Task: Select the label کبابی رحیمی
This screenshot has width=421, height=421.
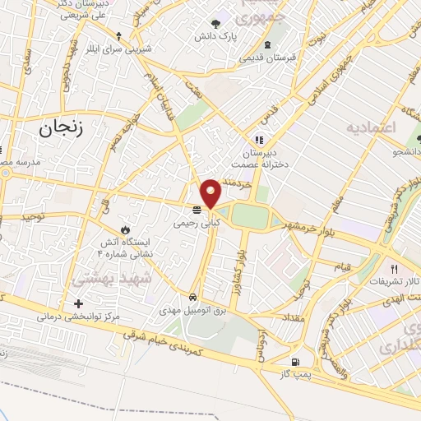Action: coord(196,223)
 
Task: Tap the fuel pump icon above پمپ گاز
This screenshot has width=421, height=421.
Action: coord(294,361)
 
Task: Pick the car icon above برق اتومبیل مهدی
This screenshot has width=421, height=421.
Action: coord(192,297)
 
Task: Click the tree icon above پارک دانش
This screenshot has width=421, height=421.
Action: coord(215,24)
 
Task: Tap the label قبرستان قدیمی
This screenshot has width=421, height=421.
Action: coord(267,58)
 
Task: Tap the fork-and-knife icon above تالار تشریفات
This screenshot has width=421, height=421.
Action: coord(395,269)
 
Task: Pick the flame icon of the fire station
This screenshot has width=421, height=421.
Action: coord(125,228)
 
